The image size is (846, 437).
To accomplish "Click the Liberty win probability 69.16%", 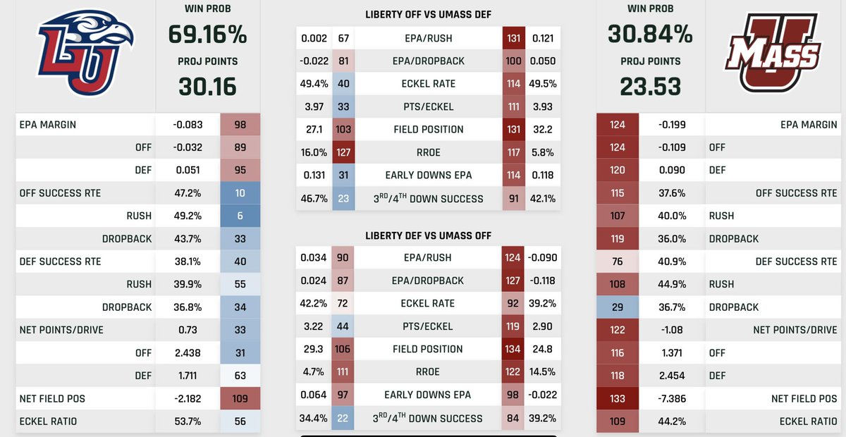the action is pos(207,35).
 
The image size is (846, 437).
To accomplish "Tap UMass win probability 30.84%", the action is pos(650,34).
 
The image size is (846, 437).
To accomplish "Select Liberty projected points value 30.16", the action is pos(207,87).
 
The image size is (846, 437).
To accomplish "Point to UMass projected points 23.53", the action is pos(650,87).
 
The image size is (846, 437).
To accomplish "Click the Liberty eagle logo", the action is pos(85,52).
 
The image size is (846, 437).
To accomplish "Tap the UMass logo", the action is pos(773,53).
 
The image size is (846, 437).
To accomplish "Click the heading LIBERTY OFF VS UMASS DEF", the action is pos(429,15).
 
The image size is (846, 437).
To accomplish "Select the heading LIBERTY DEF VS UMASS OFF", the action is pos(429,235).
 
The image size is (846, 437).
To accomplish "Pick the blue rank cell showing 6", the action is pos(240,216).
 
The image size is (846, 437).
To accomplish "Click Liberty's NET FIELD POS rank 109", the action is pos(240,398).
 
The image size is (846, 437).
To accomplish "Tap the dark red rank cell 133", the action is pos(618,398).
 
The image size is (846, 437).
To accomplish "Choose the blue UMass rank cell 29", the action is pos(618,307).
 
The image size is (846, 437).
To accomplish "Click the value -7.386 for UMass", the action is pos(672,398).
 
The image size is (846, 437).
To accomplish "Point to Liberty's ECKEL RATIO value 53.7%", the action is pos(188,421).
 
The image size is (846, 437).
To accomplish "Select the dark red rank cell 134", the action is pos(513,349).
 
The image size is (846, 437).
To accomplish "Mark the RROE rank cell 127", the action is pos(343,152).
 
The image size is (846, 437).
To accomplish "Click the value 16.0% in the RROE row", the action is pos(314,152).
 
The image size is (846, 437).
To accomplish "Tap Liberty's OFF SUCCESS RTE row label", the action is pos(60,193).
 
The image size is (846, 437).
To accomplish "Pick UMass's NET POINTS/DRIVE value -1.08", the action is pos(672,330).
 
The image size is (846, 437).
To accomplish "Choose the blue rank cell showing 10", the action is pos(240,193).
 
